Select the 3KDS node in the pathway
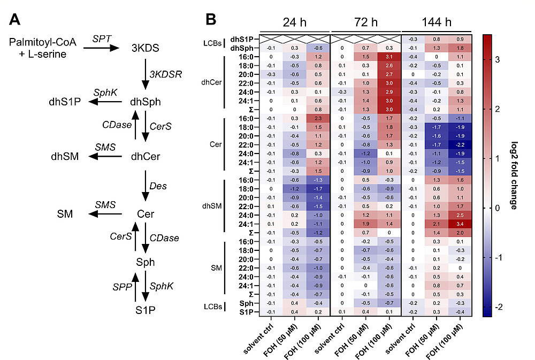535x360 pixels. (x=145, y=48)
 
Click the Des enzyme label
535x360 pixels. (x=159, y=186)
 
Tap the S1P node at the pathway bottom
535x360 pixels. (x=145, y=310)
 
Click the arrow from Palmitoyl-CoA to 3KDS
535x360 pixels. (x=101, y=48)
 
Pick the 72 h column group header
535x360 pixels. (x=365, y=22)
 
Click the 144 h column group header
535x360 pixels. (x=435, y=22)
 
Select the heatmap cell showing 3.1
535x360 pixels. (x=389, y=56)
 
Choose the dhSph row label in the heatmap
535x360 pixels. (x=242, y=48)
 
